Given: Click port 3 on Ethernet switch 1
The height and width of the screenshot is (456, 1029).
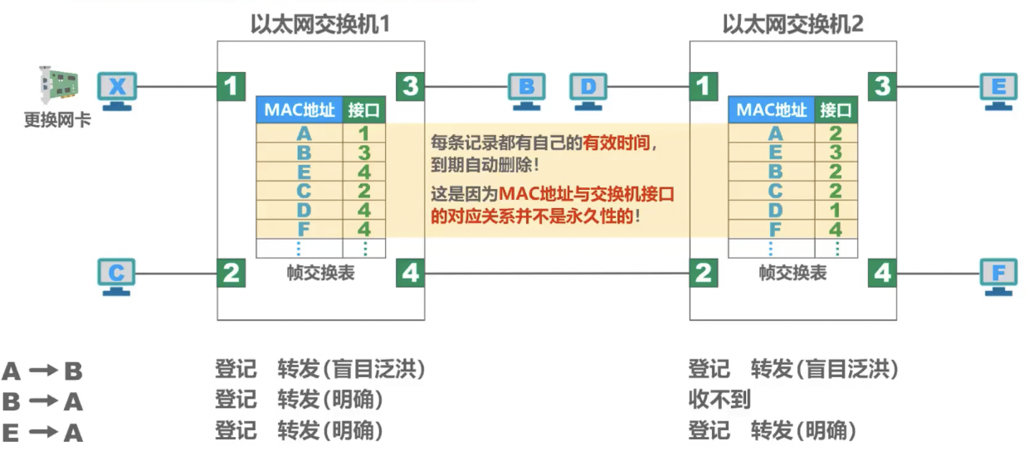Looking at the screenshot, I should (411, 85).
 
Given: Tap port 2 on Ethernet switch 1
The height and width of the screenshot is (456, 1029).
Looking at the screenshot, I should (232, 273).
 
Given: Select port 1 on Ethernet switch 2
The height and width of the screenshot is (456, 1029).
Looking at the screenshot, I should (704, 85).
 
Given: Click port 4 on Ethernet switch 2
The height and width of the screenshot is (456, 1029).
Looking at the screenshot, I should (882, 273).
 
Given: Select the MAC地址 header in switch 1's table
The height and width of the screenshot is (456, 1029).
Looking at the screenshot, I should (299, 109).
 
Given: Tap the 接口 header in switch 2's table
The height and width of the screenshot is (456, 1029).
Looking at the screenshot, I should (836, 109).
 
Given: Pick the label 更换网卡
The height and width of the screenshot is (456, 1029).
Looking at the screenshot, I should (56, 120).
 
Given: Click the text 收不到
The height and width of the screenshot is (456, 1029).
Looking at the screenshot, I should (719, 400).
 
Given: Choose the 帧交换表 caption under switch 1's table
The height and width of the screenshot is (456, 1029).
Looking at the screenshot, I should (320, 273).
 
